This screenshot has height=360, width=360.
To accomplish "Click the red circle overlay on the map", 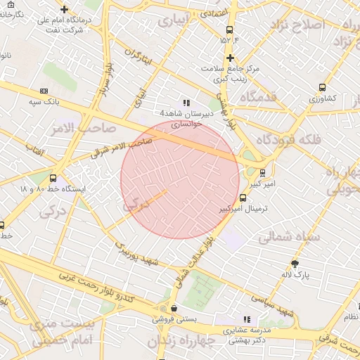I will (x=180, y=180).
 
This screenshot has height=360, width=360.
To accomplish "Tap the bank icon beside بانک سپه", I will (x=44, y=91).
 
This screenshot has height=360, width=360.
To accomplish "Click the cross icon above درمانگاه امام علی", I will (x=65, y=10).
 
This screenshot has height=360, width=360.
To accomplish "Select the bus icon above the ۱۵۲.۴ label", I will (x=229, y=30).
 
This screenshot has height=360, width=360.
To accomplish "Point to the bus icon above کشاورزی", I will (x=322, y=88).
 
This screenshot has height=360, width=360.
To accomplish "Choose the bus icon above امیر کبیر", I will (x=262, y=172).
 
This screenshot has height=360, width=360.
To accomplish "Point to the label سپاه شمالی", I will (x=288, y=237).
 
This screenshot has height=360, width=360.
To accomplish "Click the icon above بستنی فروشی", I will (x=174, y=308).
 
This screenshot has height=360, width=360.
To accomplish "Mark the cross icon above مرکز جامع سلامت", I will (x=230, y=58).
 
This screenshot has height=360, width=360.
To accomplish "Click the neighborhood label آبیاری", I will (x=174, y=22).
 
